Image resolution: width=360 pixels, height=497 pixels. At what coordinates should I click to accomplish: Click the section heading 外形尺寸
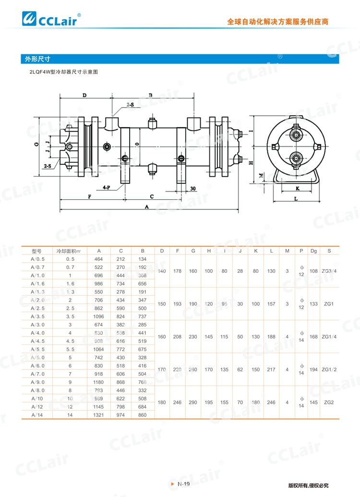pos(38,60)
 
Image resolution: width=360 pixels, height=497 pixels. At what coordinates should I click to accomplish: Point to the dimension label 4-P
pos(107,188)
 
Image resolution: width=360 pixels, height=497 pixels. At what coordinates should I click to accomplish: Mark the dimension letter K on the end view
pos(298,188)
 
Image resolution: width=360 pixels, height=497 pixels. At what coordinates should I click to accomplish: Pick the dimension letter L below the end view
pos(296,198)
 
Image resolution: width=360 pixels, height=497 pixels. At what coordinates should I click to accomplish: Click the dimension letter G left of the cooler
pos(36,144)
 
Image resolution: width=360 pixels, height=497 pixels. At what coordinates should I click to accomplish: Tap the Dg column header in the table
pos(313,251)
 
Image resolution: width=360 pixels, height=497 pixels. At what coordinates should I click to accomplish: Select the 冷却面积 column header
pos(69,251)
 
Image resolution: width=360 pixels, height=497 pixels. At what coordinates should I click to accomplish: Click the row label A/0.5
pos(37,259)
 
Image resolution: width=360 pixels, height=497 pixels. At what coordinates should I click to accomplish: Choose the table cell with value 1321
pos(99,414)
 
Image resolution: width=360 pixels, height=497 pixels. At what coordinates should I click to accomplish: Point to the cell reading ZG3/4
pos(329,271)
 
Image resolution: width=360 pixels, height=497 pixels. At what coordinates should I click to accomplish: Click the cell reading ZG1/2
pos(329,369)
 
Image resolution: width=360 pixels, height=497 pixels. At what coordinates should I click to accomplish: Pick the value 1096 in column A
pos(99,316)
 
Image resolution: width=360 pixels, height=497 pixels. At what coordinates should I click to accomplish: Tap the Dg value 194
pos(313,369)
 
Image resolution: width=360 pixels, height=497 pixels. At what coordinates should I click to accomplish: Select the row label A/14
pos(37,414)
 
